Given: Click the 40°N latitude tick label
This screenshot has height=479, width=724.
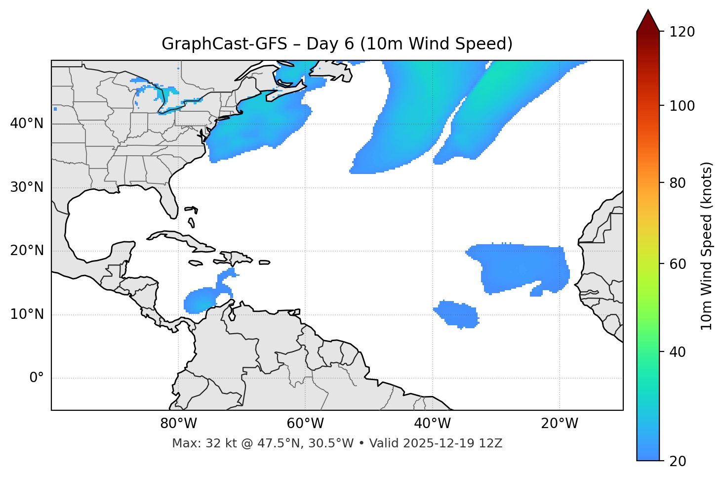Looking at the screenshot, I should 27,124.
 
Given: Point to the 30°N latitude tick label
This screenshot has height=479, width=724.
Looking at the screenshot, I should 27,187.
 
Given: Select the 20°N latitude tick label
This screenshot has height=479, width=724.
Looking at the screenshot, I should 27,251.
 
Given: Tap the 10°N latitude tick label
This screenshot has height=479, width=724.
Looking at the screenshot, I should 27,314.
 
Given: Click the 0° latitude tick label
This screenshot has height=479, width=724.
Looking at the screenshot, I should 37,378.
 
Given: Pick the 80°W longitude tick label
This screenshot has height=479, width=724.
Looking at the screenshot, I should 178,424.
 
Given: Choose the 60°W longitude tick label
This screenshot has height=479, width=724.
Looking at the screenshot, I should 305,424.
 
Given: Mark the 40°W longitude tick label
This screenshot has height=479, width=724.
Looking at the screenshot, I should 433,424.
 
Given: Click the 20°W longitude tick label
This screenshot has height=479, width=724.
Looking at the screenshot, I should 560,424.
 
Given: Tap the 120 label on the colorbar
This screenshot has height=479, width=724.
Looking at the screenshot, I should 682,32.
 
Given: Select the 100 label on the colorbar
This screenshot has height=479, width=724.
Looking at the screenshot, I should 682,106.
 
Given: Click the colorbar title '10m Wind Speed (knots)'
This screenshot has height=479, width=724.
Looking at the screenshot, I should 707,246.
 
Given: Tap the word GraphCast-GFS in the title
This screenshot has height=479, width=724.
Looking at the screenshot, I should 224,44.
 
